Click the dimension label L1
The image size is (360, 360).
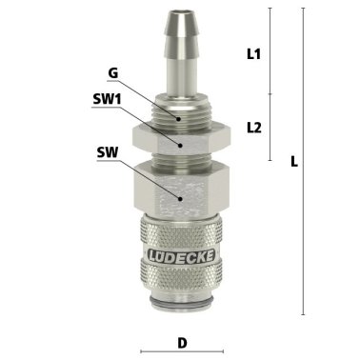pos(253,54)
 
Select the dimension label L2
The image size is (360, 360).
pos(253,126)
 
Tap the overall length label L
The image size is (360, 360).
pos(294,162)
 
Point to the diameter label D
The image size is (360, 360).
pos(180,342)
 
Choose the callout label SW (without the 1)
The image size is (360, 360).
pos(108,150)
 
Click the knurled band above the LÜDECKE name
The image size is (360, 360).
pos(180,233)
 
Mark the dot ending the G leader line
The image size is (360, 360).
pos(178,117)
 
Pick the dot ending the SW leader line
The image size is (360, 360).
pos(181,194)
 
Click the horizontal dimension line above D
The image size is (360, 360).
pos(180,322)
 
